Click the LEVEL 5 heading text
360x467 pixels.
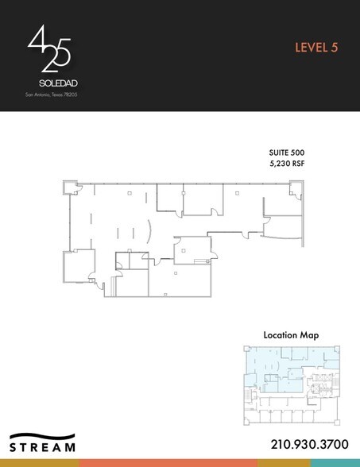pyautogui.click(x=316, y=47)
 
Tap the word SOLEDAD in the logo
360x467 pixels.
pyautogui.click(x=52, y=82)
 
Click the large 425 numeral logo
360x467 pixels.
pyautogui.click(x=49, y=49)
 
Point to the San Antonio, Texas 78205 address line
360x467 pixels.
pyautogui.click(x=52, y=95)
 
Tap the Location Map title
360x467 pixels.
pyautogui.click(x=291, y=335)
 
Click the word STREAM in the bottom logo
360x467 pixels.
pyautogui.click(x=44, y=448)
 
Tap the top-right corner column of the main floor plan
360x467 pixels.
pyautogui.click(x=296, y=188)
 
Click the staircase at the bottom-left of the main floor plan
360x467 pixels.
pyautogui.click(x=111, y=285)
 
